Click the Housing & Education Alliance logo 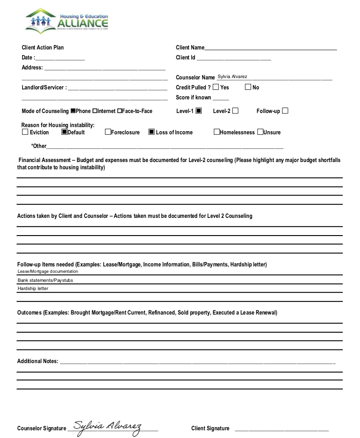click(x=67, y=21)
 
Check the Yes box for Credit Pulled click(x=216, y=87)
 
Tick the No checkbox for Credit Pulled click(x=248, y=87)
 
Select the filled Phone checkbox click(x=73, y=111)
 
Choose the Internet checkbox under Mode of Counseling click(x=95, y=111)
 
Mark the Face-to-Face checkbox click(x=120, y=111)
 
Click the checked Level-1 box click(x=199, y=111)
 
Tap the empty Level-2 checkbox click(x=235, y=111)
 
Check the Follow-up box click(x=285, y=111)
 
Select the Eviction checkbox click(x=25, y=132)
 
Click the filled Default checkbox click(x=64, y=132)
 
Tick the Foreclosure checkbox click(x=108, y=132)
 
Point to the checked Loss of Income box click(x=151, y=132)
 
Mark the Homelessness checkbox click(x=217, y=132)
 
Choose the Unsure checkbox click(x=260, y=132)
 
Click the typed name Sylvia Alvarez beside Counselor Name click(x=232, y=76)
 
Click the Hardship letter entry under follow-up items click(x=33, y=289)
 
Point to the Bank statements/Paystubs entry click(x=45, y=281)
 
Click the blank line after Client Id click(x=234, y=58)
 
